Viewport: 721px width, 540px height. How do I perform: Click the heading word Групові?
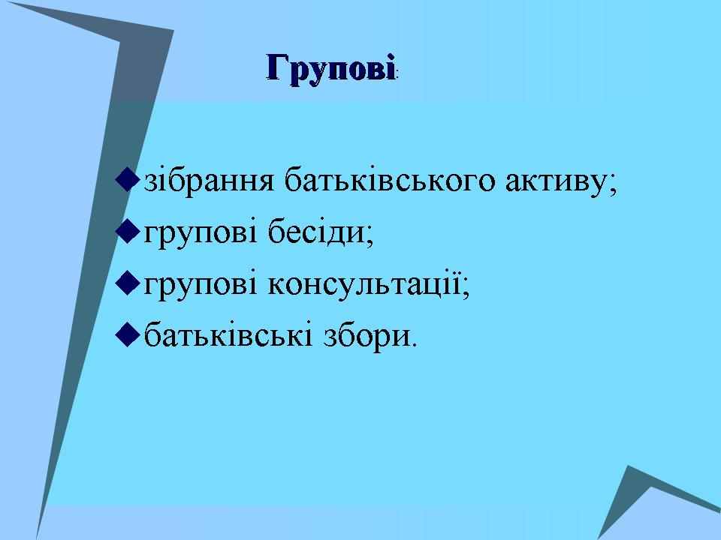pos(330,69)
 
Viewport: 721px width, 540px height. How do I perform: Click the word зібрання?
pos(210,180)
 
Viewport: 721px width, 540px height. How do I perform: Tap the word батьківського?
pos(390,180)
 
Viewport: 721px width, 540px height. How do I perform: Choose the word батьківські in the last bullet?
pos(228,334)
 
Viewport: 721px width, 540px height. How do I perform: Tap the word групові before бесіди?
pos(201,234)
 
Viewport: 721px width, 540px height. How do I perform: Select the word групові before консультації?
pos(201,285)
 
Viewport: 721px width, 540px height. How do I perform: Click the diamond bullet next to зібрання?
pos(127,179)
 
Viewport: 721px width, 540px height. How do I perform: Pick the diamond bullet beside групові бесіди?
pos(127,232)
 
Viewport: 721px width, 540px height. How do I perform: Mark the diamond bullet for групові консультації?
pos(127,283)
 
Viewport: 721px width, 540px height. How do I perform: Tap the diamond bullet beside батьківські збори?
pos(127,336)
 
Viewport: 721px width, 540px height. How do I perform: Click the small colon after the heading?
pos(398,74)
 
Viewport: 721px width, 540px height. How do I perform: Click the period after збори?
pos(415,344)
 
